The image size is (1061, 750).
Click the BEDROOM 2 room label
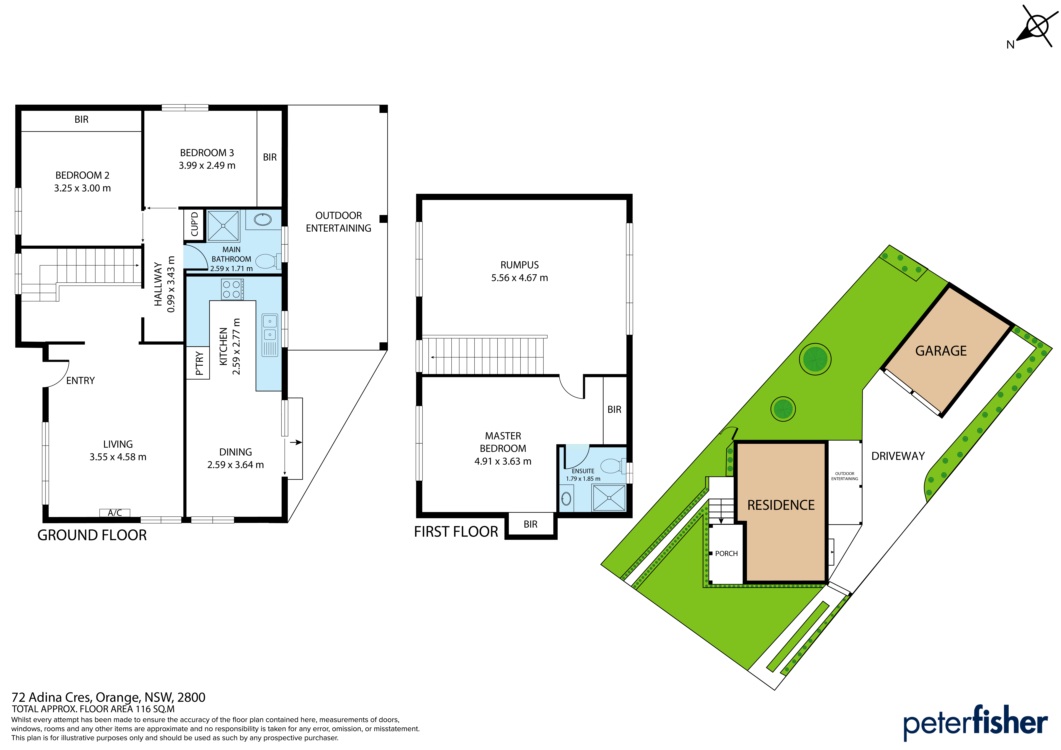click(x=82, y=175)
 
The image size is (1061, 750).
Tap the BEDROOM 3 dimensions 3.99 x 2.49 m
click(x=207, y=165)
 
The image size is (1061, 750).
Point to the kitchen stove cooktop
click(x=232, y=289)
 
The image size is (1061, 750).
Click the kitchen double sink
click(x=270, y=335)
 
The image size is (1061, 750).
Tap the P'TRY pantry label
click(x=199, y=363)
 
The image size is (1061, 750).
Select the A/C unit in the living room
click(x=115, y=512)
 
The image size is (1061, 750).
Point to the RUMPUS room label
click(x=519, y=265)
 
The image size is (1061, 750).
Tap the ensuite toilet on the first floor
click(x=613, y=466)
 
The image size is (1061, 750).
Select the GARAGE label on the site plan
click(x=941, y=351)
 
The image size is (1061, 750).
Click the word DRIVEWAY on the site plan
click(x=898, y=456)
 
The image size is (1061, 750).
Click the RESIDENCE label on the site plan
click(x=781, y=505)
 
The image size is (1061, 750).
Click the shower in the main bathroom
click(x=223, y=226)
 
